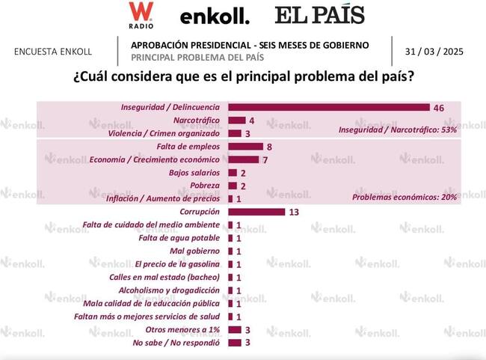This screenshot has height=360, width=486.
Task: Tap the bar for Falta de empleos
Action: point(244,147)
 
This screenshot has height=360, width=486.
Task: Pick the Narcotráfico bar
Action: point(236,120)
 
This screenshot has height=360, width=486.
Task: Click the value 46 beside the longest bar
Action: point(439,109)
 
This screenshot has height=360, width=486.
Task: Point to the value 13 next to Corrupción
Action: point(294,213)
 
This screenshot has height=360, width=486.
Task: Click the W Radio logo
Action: point(140,15)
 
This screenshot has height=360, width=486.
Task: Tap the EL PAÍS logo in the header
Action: point(319,15)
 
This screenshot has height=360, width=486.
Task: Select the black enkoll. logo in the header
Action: point(215,16)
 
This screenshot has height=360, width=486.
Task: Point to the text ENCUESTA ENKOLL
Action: point(53,52)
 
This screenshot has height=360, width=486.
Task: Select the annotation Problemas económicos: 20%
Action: point(405,198)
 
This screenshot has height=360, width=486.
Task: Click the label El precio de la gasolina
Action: point(177,264)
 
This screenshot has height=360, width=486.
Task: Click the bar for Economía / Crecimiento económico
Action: point(242,159)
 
